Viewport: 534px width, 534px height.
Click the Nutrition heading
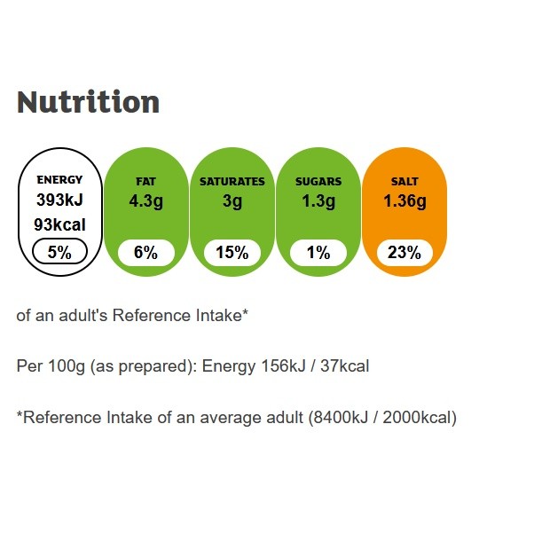(x=88, y=102)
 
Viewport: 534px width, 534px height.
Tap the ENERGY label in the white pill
(x=59, y=181)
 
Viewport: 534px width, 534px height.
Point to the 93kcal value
(x=59, y=225)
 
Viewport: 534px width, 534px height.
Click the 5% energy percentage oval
(x=59, y=253)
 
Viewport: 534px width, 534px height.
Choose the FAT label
(x=145, y=181)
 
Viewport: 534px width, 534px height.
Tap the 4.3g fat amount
(x=145, y=201)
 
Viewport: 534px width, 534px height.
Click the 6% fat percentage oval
(x=145, y=253)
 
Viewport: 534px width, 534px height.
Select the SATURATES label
(x=232, y=181)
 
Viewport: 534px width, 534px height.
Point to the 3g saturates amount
(x=232, y=201)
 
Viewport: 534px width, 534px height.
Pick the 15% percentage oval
(x=232, y=253)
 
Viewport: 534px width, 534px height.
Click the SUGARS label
(x=318, y=181)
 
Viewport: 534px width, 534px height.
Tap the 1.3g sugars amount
(x=318, y=201)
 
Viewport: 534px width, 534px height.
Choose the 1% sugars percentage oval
(x=318, y=253)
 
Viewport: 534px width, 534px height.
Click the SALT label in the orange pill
(x=404, y=181)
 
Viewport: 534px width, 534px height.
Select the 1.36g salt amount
(x=404, y=201)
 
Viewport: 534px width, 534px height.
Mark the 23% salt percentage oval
(x=404, y=253)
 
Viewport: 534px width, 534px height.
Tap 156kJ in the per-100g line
(x=286, y=366)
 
